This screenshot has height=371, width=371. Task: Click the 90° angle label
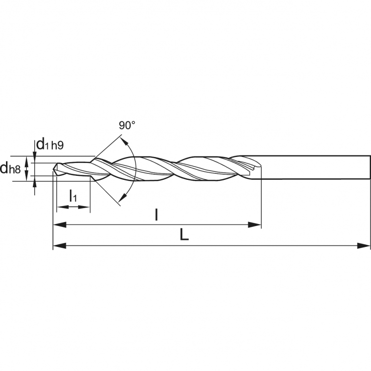127,125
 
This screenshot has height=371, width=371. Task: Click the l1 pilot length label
73,195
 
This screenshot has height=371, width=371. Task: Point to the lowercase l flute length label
157,215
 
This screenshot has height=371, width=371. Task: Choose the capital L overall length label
184,235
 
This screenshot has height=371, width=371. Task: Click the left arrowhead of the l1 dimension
60,206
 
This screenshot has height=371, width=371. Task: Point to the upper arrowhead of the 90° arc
123,141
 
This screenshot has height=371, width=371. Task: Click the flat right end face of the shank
370,167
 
